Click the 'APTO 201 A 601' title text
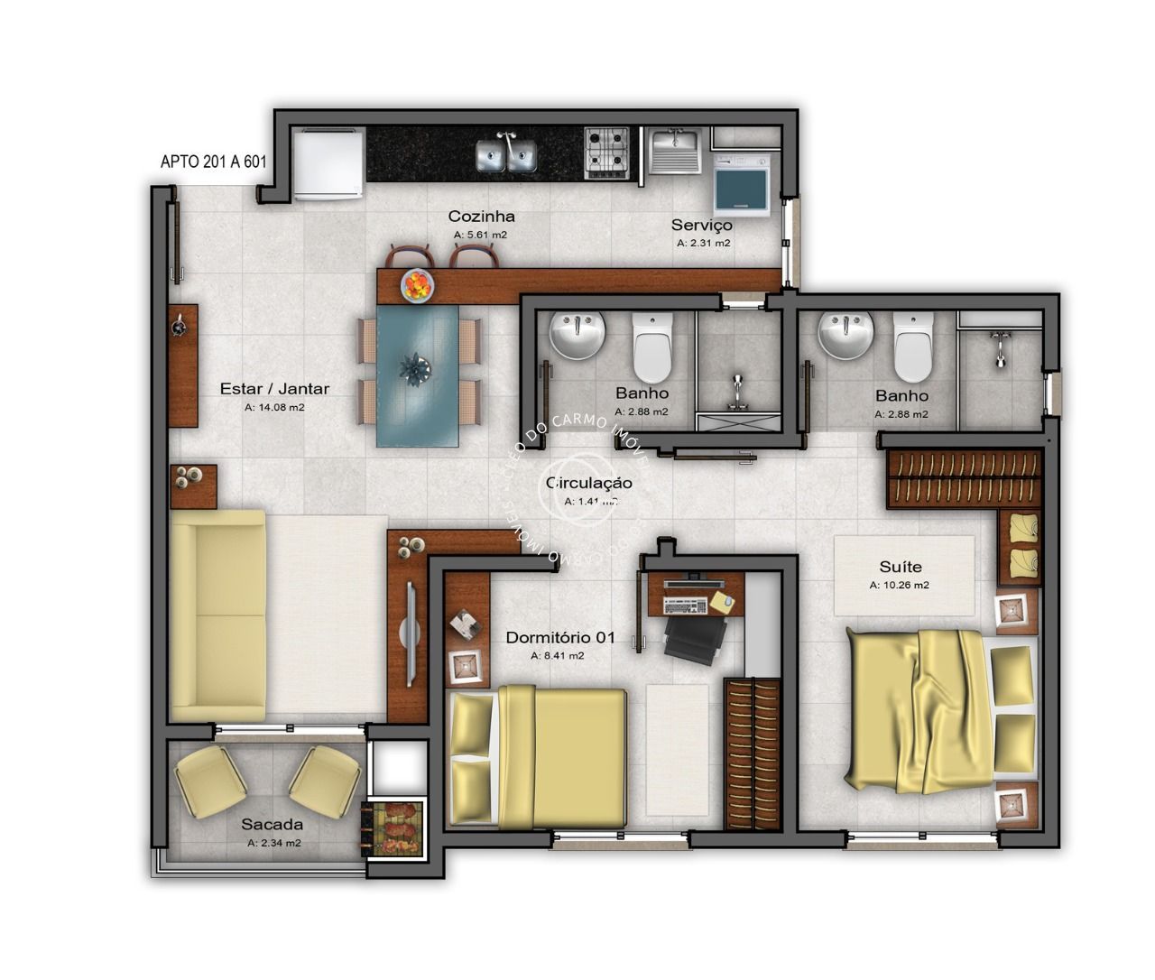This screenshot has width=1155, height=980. pyautogui.click(x=213, y=162)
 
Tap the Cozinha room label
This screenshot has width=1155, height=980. pyautogui.click(x=481, y=217)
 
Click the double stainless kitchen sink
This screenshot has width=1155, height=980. pyautogui.click(x=505, y=153)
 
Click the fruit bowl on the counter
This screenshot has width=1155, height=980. pyautogui.click(x=417, y=285)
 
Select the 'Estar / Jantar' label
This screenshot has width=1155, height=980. pyautogui.click(x=274, y=389)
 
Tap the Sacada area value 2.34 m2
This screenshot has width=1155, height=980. pyautogui.click(x=273, y=843)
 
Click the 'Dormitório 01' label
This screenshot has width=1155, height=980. pyautogui.click(x=559, y=637)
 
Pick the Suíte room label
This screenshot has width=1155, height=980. pyautogui.click(x=900, y=567)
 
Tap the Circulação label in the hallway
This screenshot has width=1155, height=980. pyautogui.click(x=589, y=484)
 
